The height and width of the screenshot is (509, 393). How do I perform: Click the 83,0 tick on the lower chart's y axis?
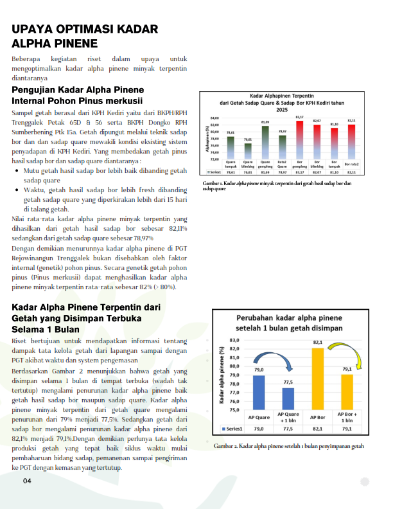click(x=234, y=339)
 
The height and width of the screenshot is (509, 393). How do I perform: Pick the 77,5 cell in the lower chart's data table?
click(x=288, y=427)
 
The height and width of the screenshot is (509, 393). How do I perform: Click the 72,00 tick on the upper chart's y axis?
click(x=214, y=159)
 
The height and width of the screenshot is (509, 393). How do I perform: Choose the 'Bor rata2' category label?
click(x=351, y=165)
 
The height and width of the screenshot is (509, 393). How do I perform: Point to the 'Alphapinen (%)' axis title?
click(x=207, y=138)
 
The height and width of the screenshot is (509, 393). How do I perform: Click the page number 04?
click(x=27, y=481)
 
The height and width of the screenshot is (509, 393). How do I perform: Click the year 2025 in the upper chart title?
click(x=281, y=110)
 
